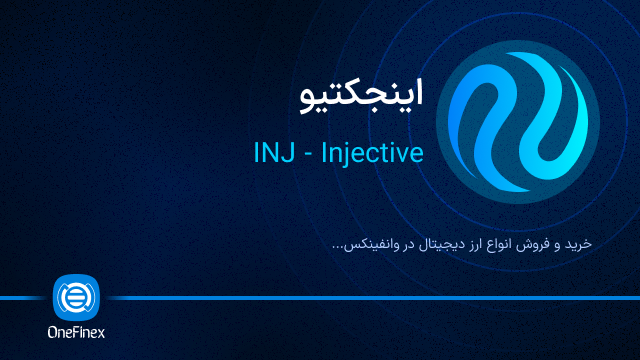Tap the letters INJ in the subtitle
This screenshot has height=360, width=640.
pyautogui.click(x=273, y=153)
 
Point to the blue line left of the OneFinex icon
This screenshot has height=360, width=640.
pyautogui.click(x=25, y=298)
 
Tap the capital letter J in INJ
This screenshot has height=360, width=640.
pyautogui.click(x=285, y=153)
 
